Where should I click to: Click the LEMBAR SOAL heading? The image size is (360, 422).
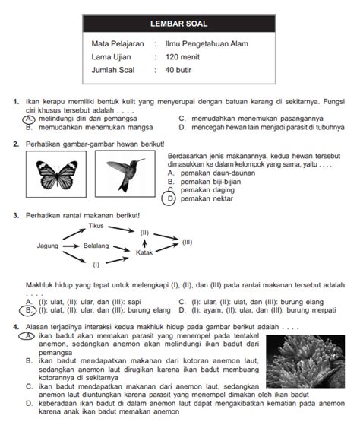178,24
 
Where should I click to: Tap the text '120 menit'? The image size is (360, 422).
182,57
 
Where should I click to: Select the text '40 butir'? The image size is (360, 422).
178,70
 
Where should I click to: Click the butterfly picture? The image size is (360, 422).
57,175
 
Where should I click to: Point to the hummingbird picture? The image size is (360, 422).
125,174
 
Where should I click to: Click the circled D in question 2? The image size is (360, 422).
169,199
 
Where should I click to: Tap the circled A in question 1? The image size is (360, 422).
29,119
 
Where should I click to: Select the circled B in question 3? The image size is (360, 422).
27,310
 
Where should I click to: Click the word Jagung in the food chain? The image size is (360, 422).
48,246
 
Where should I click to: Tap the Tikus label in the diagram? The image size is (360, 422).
96,226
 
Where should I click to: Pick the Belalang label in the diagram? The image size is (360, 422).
96,246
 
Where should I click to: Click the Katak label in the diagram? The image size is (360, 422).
144,252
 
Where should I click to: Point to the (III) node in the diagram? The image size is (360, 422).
187,242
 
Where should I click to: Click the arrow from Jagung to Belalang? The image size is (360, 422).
71,246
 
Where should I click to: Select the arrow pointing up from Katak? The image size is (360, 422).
144,243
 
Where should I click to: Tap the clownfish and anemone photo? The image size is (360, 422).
305,361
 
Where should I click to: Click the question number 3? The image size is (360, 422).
16,216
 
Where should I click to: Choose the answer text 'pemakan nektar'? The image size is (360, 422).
207,198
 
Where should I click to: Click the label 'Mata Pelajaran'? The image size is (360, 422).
118,43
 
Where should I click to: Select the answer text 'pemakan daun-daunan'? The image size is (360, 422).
218,173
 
